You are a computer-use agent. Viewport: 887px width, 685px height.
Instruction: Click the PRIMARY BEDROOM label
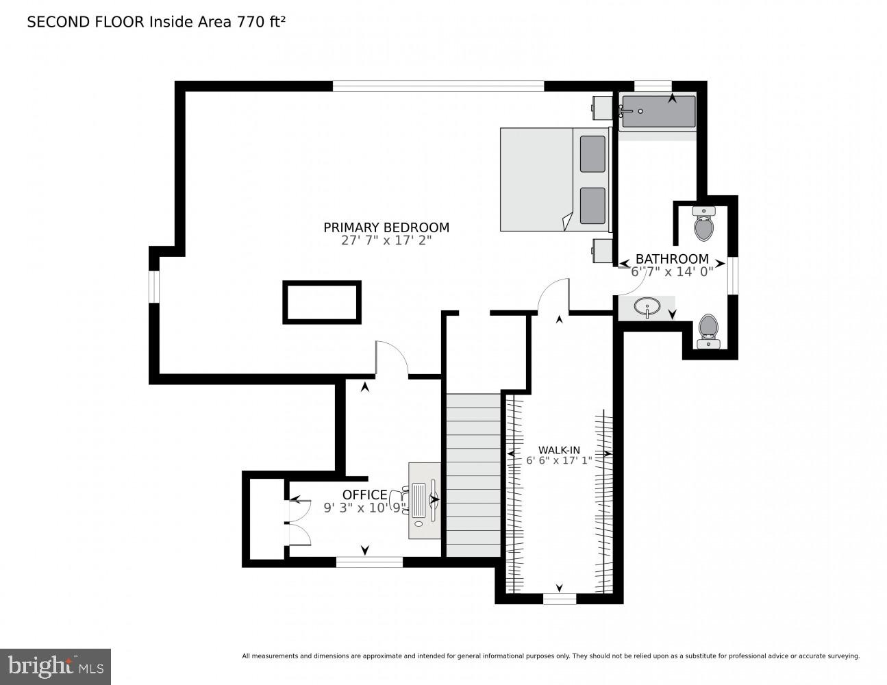point(386,227)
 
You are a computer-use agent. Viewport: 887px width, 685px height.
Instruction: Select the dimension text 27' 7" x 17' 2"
point(386,241)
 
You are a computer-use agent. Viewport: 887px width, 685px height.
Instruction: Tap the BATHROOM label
point(671,259)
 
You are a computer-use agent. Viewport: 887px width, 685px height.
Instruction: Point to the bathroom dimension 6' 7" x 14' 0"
point(671,271)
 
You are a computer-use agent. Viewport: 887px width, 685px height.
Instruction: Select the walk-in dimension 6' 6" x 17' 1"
point(559,461)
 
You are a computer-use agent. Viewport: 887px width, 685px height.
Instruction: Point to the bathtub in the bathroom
point(658,112)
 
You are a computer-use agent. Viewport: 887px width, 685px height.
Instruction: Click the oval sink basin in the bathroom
point(646,306)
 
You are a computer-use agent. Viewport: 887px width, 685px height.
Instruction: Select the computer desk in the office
point(425,500)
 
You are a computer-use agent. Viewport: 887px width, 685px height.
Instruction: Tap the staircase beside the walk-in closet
point(473,475)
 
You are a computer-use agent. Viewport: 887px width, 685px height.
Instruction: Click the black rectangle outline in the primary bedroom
point(322,302)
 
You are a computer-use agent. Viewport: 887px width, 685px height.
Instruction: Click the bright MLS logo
point(55,666)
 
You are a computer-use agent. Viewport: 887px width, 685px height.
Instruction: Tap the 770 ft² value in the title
point(260,22)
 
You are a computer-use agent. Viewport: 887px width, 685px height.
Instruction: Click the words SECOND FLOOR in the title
point(86,22)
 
